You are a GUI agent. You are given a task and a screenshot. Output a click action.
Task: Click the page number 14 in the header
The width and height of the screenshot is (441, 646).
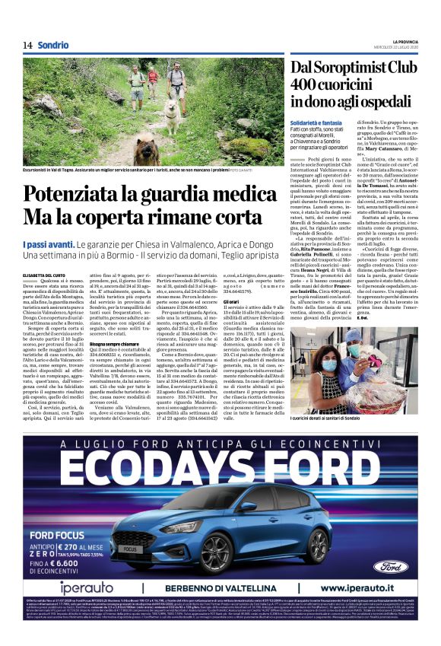27,46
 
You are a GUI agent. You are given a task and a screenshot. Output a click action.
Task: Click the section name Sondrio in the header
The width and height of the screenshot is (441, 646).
52,46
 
